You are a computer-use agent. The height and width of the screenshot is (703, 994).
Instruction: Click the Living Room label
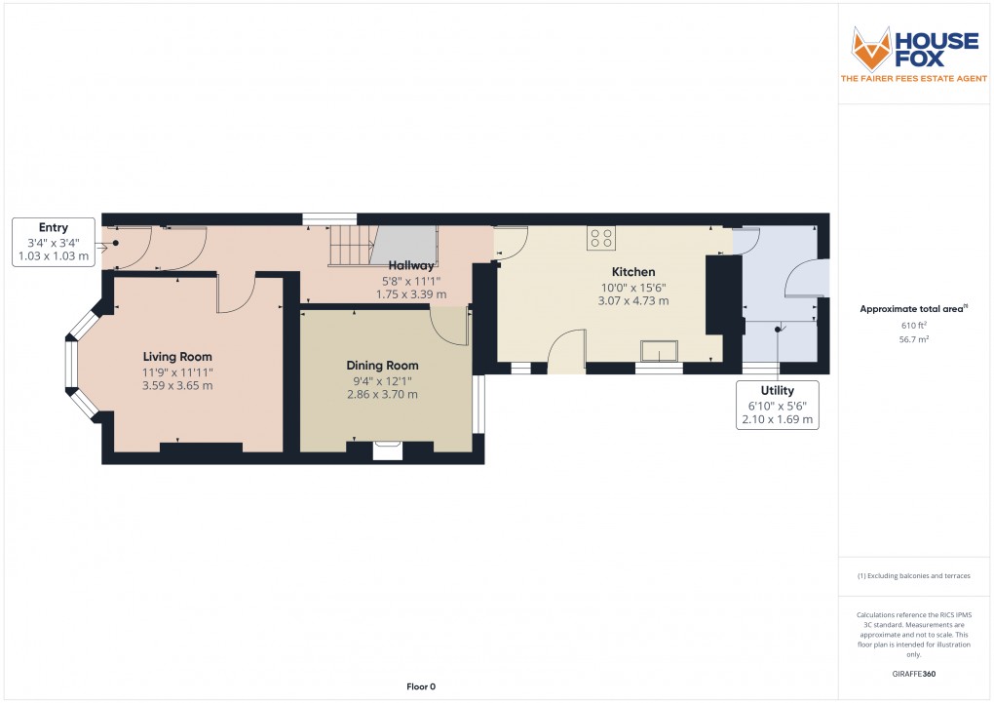tap(177, 357)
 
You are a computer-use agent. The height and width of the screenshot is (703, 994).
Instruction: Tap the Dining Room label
tap(382, 366)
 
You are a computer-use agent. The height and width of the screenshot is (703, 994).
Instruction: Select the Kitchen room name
tap(633, 272)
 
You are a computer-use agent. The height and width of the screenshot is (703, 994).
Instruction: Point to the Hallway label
tap(411, 265)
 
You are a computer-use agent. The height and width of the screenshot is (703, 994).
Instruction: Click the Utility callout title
tap(778, 390)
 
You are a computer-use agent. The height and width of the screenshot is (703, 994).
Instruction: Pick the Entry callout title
tap(54, 227)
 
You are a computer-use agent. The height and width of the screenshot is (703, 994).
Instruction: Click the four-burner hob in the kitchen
tap(601, 238)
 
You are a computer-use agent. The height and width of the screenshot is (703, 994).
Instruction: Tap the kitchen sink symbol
tap(660, 351)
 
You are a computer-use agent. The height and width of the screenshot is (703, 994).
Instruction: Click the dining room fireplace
tap(387, 450)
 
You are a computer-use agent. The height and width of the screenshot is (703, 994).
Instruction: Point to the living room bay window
tap(83, 365)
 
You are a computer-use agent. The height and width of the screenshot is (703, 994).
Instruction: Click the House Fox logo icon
tap(871, 49)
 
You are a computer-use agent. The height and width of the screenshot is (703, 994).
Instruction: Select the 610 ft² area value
tap(913, 326)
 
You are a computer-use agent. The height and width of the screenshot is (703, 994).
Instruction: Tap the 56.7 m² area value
tap(913, 339)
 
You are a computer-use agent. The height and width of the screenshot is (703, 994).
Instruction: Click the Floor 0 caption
tap(421, 686)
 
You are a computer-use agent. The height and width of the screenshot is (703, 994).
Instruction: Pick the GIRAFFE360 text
tap(913, 674)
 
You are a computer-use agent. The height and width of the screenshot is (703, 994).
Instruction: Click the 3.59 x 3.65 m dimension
tap(177, 386)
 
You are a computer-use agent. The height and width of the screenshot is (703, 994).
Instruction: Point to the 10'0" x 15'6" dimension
tap(633, 288)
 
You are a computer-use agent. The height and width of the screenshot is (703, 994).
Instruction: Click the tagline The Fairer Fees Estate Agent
tap(913, 79)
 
